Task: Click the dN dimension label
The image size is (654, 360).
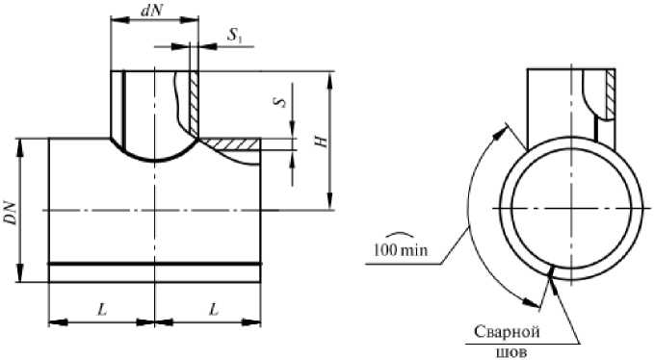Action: tap(151, 11)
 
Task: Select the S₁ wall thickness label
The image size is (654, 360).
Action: tap(234, 36)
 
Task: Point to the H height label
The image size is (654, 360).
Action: tap(321, 141)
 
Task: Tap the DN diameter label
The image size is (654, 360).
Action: tap(12, 214)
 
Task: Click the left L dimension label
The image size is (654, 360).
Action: tap(102, 309)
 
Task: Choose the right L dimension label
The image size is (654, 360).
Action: tap(214, 309)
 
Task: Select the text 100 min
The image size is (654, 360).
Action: tap(401, 250)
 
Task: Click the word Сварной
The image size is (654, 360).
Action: tap(507, 332)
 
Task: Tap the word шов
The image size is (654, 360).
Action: tap(512, 352)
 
